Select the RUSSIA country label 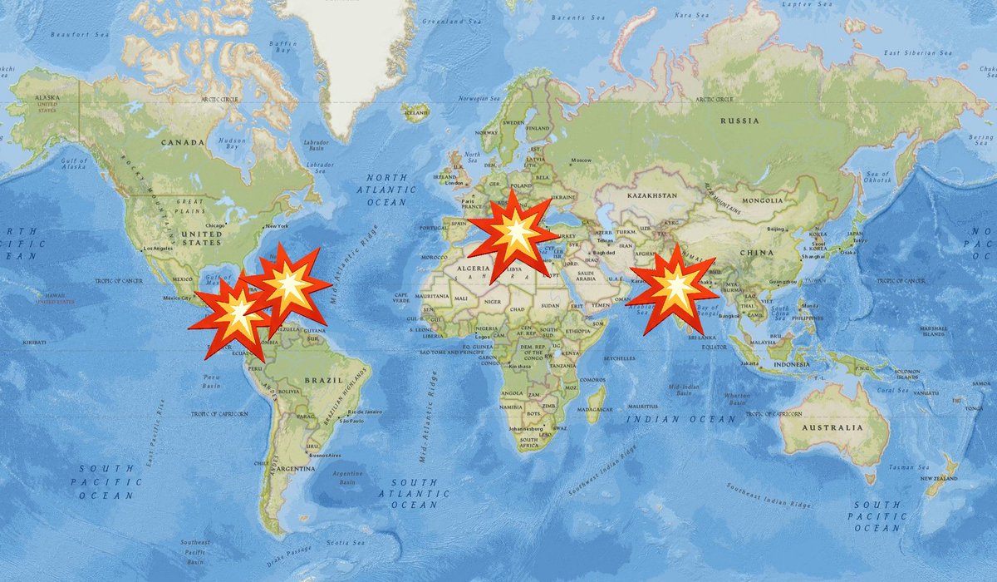tap(739, 121)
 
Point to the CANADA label tap(182, 142)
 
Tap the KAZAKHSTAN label tap(653, 195)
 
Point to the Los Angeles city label tap(159, 249)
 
